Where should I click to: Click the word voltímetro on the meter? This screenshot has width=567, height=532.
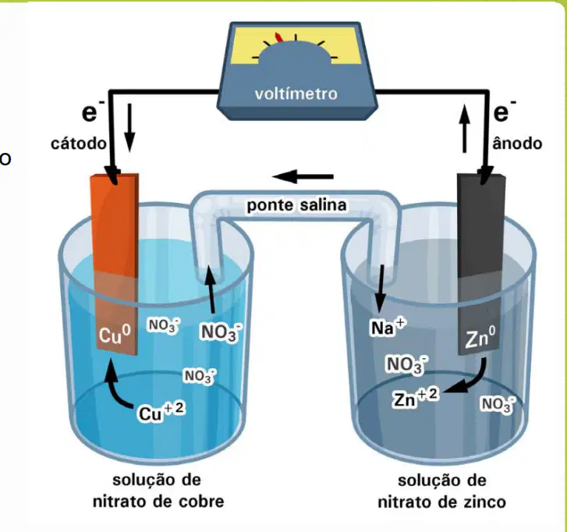296,94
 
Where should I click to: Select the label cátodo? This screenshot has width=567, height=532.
79,144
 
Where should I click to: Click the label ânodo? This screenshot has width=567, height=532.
517,144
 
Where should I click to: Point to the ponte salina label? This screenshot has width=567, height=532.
296,205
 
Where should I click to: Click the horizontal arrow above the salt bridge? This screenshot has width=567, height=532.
303,176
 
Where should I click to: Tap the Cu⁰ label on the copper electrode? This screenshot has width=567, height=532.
115,334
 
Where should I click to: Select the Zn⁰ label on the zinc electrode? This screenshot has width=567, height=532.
480,337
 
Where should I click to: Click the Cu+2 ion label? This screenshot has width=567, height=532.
161,412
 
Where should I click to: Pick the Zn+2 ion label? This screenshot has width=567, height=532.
416,397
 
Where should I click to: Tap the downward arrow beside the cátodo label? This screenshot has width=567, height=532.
129,127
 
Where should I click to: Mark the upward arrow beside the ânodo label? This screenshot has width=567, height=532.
465,128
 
